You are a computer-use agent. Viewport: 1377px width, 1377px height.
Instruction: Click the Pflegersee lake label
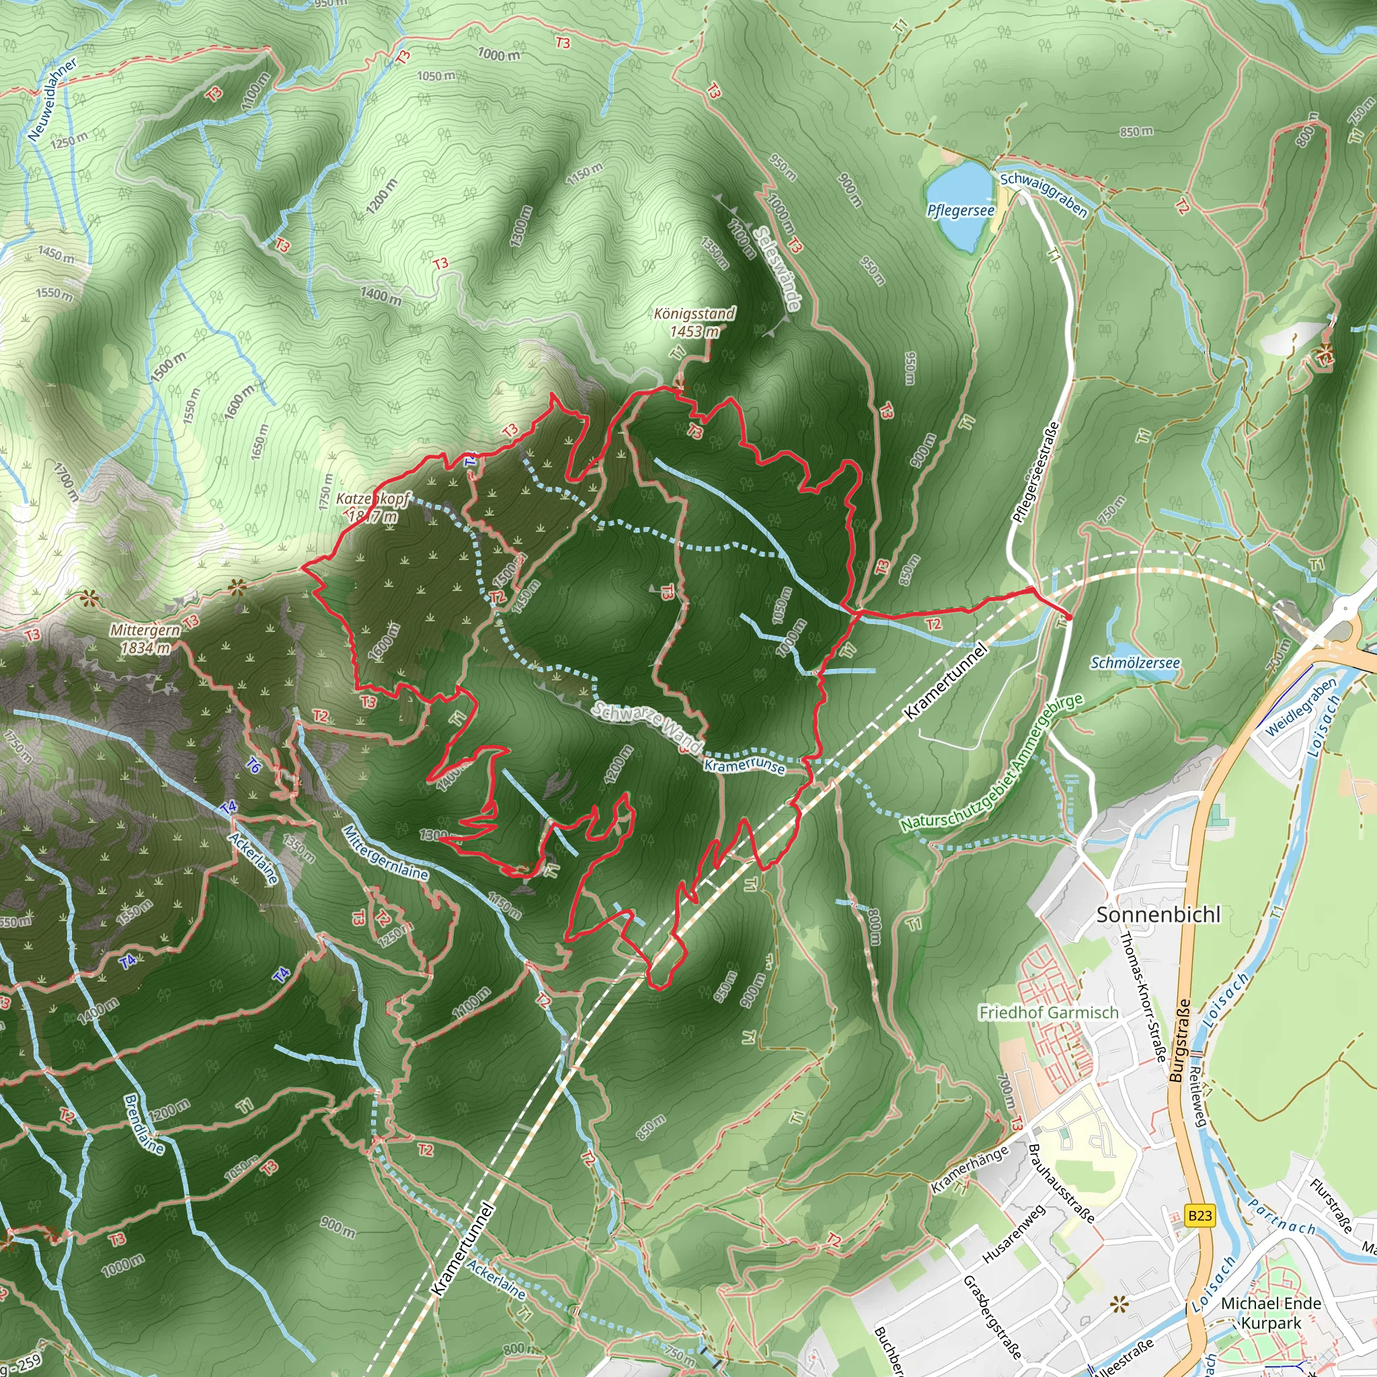point(960,210)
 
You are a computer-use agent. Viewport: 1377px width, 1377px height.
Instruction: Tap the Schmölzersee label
point(1135,663)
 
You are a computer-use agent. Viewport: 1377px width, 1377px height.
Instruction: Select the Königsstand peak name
point(694,314)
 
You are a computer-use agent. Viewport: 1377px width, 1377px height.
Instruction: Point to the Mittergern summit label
point(145,631)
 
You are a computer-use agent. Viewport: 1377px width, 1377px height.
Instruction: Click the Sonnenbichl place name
point(1158,914)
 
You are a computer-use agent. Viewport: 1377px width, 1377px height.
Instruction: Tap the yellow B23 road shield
point(1200,1215)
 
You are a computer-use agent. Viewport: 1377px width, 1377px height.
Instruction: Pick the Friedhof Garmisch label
point(1048,1012)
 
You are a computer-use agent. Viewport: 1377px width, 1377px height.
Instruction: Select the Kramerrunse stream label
point(744,766)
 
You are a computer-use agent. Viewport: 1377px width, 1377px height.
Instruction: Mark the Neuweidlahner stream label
point(52,100)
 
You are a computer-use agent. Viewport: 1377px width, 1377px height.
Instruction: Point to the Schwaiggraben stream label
point(1044,194)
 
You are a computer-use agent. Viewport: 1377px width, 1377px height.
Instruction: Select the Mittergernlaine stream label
point(385,853)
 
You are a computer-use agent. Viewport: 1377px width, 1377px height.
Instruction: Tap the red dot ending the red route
point(1068,617)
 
